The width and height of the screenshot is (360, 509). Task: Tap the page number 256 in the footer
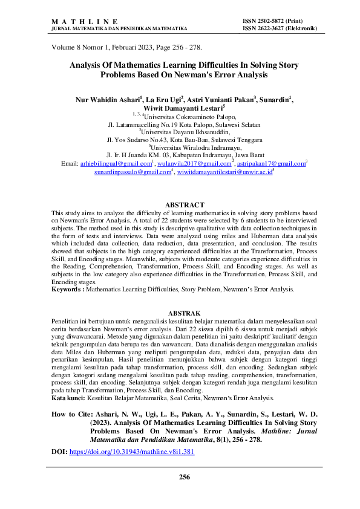click(x=185, y=477)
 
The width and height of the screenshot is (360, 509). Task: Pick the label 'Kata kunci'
click(x=68, y=399)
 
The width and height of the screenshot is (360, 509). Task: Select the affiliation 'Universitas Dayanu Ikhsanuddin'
click(x=185, y=130)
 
